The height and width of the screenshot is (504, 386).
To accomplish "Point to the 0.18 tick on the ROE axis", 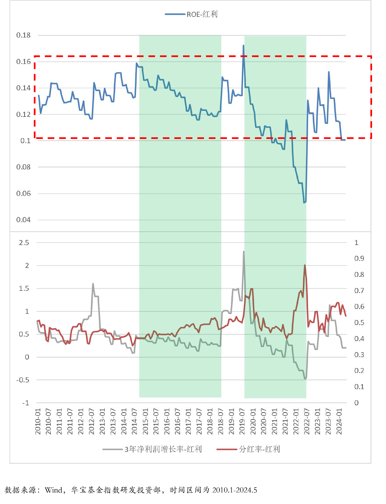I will tap(23, 35).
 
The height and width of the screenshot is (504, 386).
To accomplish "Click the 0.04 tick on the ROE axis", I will tap(23, 219).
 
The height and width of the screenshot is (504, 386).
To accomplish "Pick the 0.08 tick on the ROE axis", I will tap(23, 167).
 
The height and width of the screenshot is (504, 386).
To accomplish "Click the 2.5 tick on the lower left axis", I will tap(24, 242).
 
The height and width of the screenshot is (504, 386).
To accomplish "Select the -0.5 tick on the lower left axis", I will tap(23, 380).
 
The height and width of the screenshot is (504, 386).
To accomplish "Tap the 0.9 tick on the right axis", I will tap(359, 258).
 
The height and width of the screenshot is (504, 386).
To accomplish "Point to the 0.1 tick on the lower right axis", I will tap(359, 387).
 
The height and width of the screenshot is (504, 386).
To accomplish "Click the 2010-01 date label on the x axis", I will tap(38, 421).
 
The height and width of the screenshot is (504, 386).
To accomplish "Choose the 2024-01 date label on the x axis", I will tap(339, 421).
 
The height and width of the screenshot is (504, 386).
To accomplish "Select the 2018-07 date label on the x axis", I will tap(220, 421).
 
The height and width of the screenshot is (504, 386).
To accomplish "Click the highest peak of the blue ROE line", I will tap(243, 46).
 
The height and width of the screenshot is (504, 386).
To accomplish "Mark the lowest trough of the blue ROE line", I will tap(304, 202).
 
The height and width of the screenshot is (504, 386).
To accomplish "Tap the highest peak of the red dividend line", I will tap(305, 265).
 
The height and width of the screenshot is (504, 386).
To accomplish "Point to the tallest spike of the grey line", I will tap(244, 252).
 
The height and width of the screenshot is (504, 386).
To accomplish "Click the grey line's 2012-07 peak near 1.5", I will tap(93, 284).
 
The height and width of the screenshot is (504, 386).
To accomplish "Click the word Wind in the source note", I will tap(53, 490).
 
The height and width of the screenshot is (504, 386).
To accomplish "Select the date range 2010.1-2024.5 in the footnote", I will tap(234, 490).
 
